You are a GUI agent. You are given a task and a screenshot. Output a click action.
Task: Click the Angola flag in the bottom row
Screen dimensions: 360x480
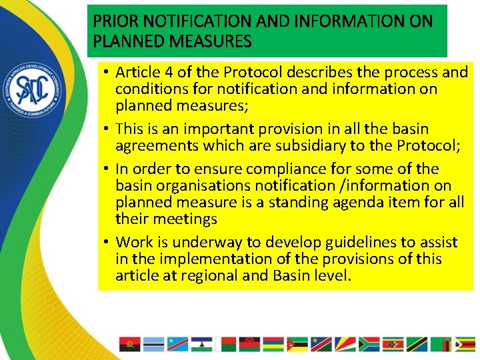pyautogui.click(x=129, y=343)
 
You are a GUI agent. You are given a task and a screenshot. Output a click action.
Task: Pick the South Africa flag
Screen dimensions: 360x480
pyautogui.click(x=368, y=343)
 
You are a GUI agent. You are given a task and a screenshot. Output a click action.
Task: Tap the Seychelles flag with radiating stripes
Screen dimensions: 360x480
pyautogui.click(x=344, y=343)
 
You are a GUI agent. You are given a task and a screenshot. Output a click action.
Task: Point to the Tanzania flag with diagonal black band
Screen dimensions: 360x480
pyautogui.click(x=416, y=343)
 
